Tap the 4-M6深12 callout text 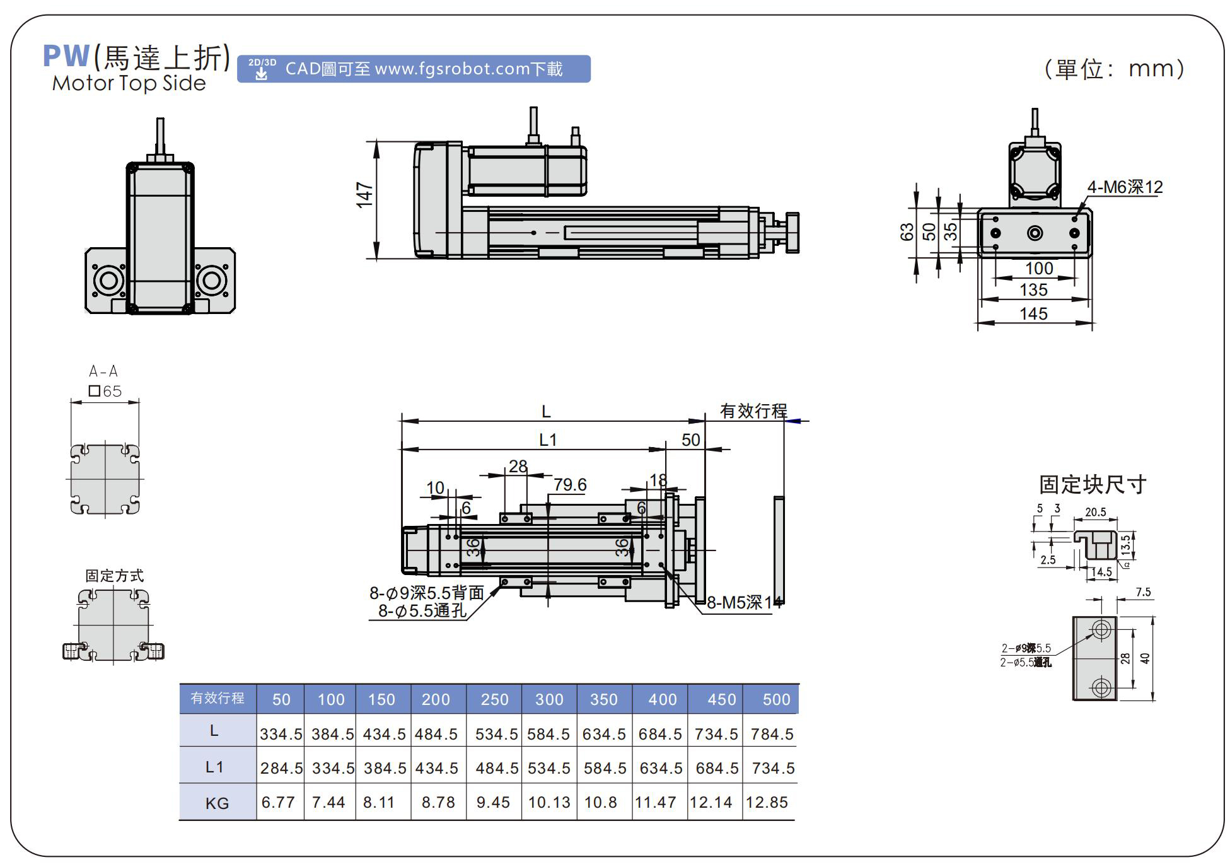[x=1125, y=187]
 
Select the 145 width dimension [x=1033, y=313]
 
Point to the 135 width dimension [x=1033, y=290]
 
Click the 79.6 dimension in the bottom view [x=570, y=485]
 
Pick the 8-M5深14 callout [x=743, y=603]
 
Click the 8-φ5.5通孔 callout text [x=422, y=611]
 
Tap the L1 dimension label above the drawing [x=548, y=439]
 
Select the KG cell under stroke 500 [x=767, y=802]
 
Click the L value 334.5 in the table [x=281, y=734]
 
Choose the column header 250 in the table [x=494, y=699]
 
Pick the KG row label [x=217, y=803]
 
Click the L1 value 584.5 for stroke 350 [x=605, y=768]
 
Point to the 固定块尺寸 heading [x=1092, y=484]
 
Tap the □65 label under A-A [x=105, y=392]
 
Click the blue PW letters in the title [x=66, y=56]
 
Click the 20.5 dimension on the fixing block [x=1095, y=512]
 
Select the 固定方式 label [x=114, y=576]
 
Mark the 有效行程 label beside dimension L [x=753, y=411]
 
